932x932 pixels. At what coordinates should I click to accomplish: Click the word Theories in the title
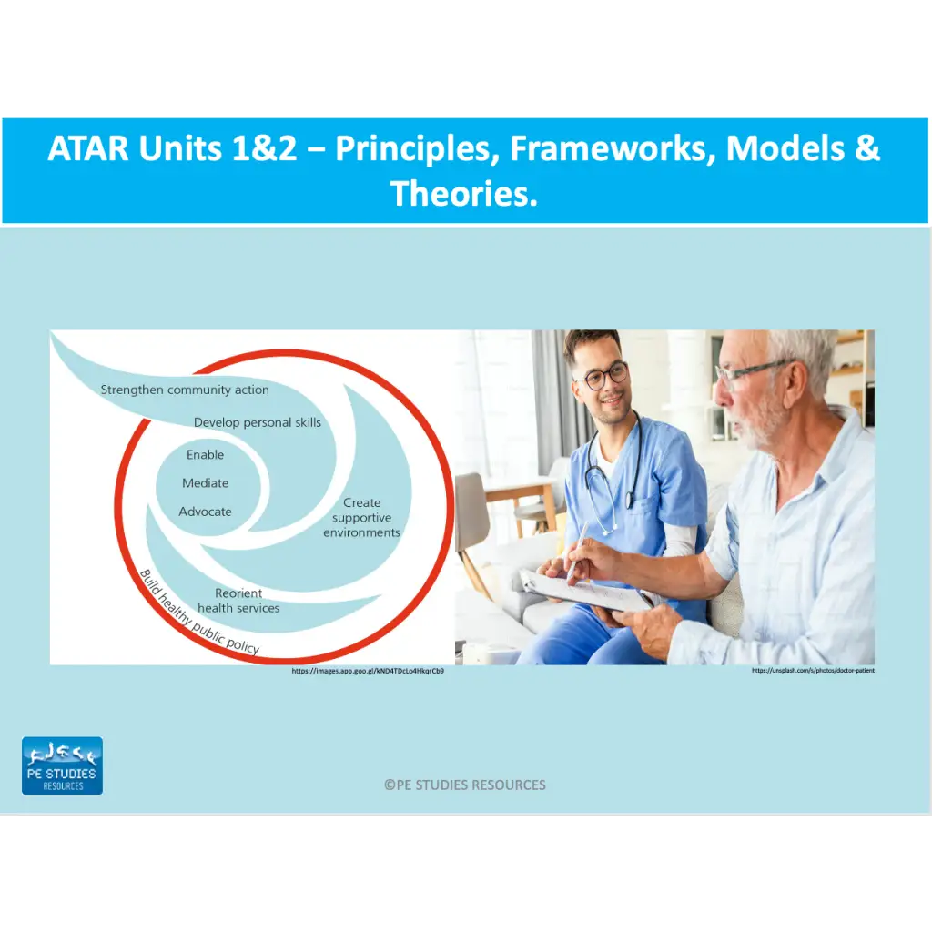pyautogui.click(x=464, y=192)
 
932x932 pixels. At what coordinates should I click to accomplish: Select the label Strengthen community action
pyautogui.click(x=185, y=390)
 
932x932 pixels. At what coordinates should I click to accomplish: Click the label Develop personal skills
pyautogui.click(x=258, y=422)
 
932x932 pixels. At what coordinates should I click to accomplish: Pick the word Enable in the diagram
pyautogui.click(x=205, y=454)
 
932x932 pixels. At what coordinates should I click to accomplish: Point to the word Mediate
pyautogui.click(x=205, y=483)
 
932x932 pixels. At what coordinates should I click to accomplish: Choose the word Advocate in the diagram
pyautogui.click(x=205, y=512)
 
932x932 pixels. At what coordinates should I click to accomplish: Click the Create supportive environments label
pyautogui.click(x=361, y=517)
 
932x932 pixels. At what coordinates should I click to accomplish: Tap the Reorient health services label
pyautogui.click(x=238, y=601)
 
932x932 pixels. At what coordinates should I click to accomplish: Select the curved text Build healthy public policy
pyautogui.click(x=198, y=617)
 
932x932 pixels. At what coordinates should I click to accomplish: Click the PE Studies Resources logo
pyautogui.click(x=62, y=765)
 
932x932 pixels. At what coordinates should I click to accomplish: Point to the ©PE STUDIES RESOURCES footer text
pyautogui.click(x=465, y=785)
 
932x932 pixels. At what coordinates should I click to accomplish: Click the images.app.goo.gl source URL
pyautogui.click(x=368, y=671)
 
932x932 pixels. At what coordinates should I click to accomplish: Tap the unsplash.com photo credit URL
pyautogui.click(x=813, y=671)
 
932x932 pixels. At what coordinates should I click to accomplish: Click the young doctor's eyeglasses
pyautogui.click(x=603, y=375)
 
